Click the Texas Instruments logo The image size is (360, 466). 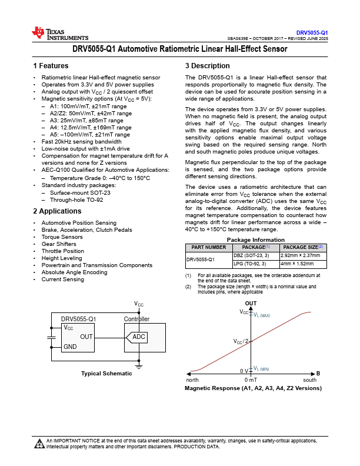click(x=60, y=34)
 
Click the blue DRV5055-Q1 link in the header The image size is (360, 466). click(x=312, y=33)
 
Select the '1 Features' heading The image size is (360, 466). click(x=51, y=66)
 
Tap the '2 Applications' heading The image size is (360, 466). click(x=57, y=211)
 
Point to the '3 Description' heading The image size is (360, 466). click(x=208, y=66)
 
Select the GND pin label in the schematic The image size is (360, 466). click(x=70, y=347)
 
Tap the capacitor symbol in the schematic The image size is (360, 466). click(x=51, y=338)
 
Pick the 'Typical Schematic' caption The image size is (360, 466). click(x=106, y=373)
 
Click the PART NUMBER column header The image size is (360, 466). click(x=209, y=247)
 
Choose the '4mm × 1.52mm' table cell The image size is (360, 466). click(x=297, y=264)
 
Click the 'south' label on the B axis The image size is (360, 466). click(x=310, y=380)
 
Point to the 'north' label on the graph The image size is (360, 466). click(x=192, y=380)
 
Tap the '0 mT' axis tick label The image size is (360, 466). click(x=251, y=380)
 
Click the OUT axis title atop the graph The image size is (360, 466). click(x=251, y=304)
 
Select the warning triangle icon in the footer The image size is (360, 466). click(x=39, y=444)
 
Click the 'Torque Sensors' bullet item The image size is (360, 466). click(x=62, y=237)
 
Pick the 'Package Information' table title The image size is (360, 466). click(x=256, y=240)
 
